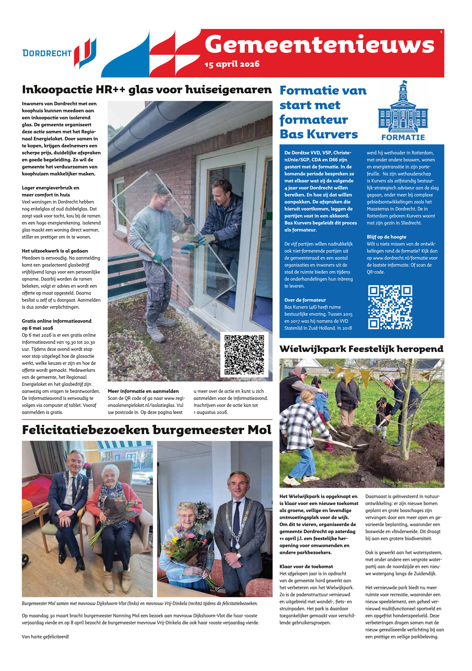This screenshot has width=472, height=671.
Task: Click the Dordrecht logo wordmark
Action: [x=47, y=53]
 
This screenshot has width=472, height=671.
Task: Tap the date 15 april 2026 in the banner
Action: [x=232, y=64]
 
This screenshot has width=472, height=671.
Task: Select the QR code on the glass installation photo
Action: [x=244, y=354]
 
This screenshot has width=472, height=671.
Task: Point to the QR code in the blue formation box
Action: [x=390, y=307]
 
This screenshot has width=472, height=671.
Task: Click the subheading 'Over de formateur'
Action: [x=305, y=300]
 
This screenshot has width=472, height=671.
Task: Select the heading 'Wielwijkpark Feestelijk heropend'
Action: [x=361, y=349]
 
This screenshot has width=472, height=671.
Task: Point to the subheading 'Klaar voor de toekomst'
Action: [x=306, y=566]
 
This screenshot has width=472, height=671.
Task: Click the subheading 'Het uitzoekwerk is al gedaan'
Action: [x=55, y=251]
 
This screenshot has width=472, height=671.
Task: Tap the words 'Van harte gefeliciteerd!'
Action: [x=45, y=636]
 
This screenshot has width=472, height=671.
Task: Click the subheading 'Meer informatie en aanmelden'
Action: [x=143, y=391]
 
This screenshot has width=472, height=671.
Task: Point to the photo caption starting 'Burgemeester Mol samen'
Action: [x=140, y=603]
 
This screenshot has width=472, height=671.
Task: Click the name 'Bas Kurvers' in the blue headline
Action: [x=319, y=134]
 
